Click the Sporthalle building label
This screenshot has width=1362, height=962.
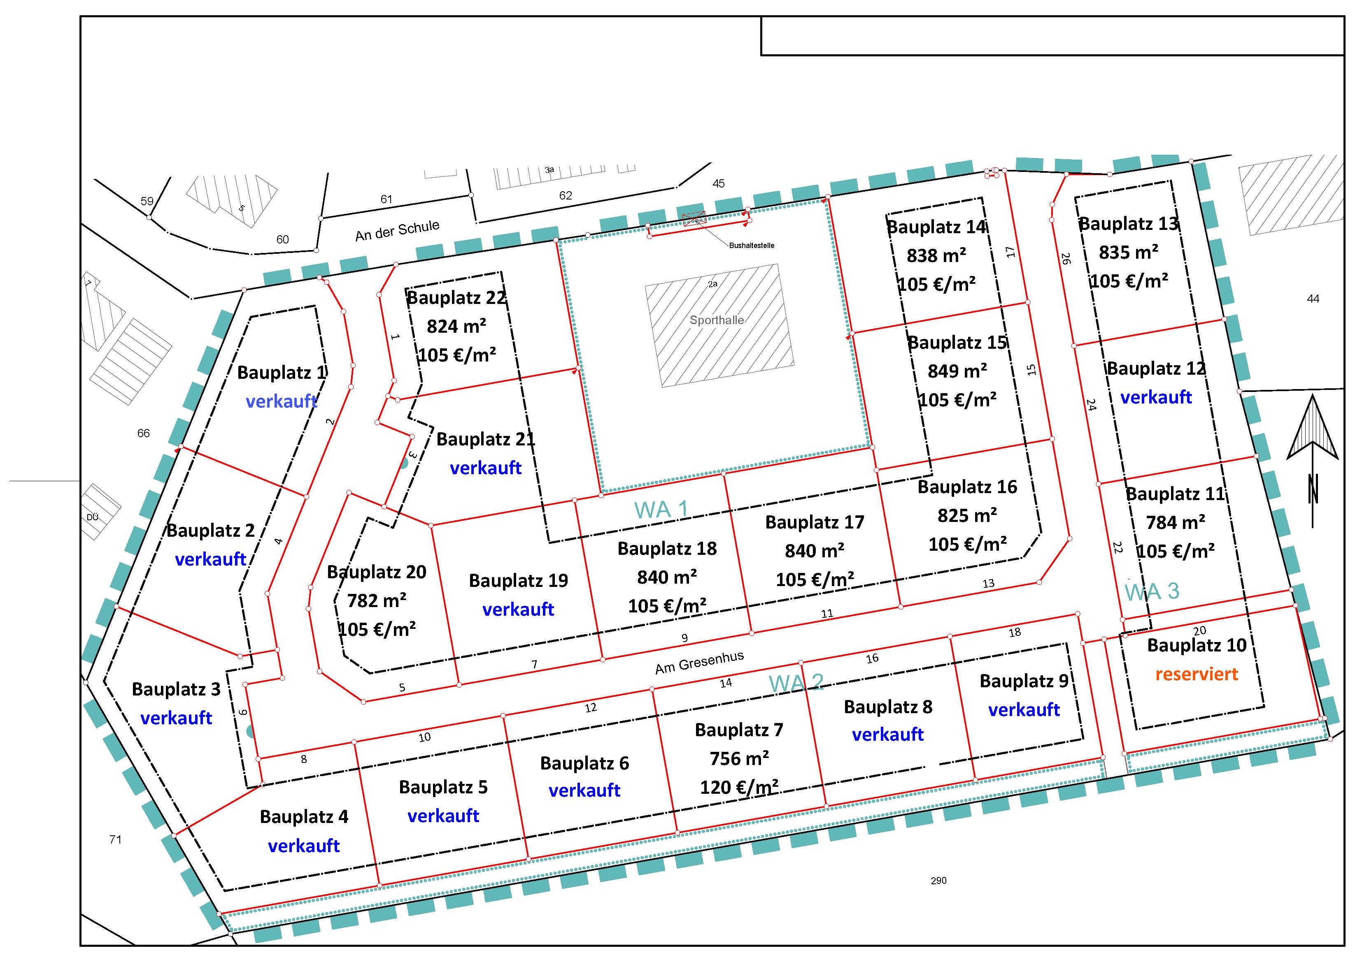[717, 320]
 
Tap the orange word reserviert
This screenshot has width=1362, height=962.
[1197, 674]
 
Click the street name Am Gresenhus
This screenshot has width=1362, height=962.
[699, 663]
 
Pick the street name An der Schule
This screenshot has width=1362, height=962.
[398, 231]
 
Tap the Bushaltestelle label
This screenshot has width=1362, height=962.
[752, 246]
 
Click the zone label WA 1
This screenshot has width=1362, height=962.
[661, 510]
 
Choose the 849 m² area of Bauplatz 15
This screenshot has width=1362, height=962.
[957, 371]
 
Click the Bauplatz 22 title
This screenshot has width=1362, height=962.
[456, 297]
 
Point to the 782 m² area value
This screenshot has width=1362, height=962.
[377, 600]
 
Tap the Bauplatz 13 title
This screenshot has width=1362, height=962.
[1128, 224]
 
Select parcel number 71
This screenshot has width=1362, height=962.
[116, 839]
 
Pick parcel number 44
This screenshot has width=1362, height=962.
[1313, 299]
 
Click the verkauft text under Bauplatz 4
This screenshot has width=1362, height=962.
[304, 846]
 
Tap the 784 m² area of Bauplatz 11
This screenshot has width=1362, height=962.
[1175, 523]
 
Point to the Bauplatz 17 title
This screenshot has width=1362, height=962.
[815, 522]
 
